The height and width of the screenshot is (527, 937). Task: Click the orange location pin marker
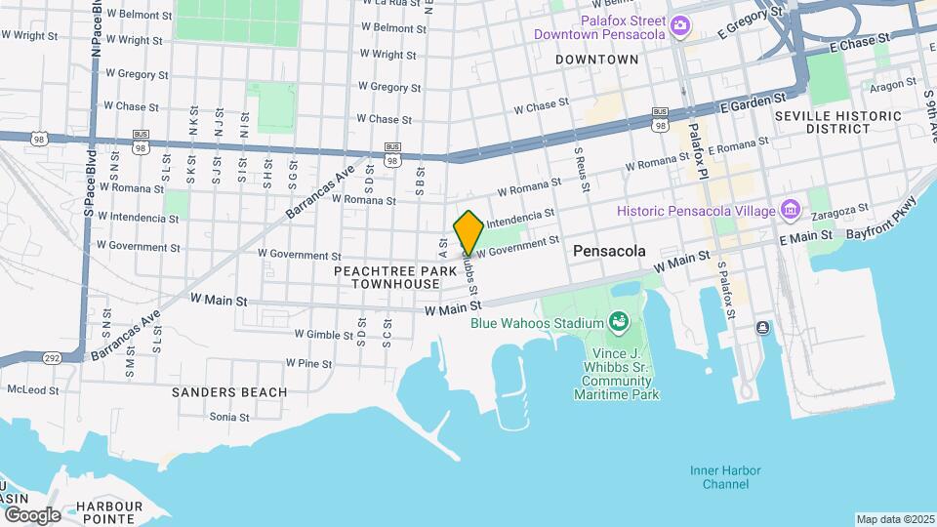[469, 232]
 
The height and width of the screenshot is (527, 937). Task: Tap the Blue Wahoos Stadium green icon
[617, 321]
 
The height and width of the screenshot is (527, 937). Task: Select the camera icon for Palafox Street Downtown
[680, 26]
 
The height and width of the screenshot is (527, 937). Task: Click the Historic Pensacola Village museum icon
[791, 211]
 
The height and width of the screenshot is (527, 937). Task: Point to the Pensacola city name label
[609, 251]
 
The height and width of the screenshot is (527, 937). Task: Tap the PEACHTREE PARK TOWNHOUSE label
[395, 276]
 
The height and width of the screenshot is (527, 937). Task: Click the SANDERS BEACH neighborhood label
[229, 392]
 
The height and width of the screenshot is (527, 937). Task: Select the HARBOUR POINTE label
[109, 511]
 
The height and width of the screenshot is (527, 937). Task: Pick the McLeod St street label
[32, 389]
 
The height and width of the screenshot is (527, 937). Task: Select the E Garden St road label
[754, 101]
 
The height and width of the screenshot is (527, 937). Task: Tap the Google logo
[32, 514]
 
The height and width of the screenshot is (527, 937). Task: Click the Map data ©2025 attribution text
[894, 519]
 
